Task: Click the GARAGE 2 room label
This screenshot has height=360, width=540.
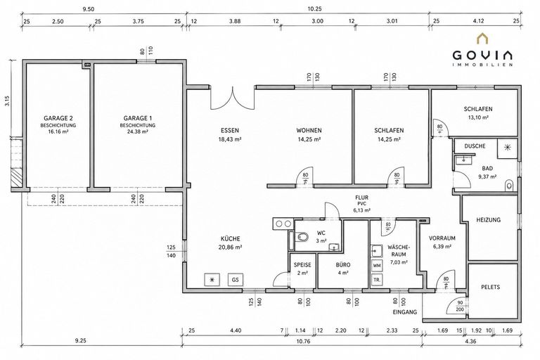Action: coord(58,118)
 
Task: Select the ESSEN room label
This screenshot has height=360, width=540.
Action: coord(230,131)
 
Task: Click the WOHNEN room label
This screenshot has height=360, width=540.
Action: coord(309,131)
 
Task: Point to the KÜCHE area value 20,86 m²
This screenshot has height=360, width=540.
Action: coord(230,247)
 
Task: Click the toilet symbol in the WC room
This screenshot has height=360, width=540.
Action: coord(302,237)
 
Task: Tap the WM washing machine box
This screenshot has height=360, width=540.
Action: coord(377,266)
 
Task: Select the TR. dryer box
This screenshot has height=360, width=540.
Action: coord(377,280)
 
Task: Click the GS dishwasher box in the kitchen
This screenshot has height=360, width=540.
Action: coord(236,280)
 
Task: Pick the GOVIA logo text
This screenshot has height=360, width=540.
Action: coord(482,55)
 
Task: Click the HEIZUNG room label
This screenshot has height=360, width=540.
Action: coord(489,220)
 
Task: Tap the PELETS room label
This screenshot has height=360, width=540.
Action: coord(490,287)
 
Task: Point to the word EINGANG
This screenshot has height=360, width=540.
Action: coord(405,312)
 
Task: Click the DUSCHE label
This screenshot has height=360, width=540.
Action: coord(475,146)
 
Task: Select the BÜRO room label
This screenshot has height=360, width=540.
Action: coord(343,265)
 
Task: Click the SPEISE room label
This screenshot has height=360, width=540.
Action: coord(302,265)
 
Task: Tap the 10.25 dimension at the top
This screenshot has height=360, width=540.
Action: coord(314,9)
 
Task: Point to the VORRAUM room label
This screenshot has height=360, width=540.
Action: coord(442,238)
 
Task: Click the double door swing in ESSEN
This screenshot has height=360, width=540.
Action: coord(233,100)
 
